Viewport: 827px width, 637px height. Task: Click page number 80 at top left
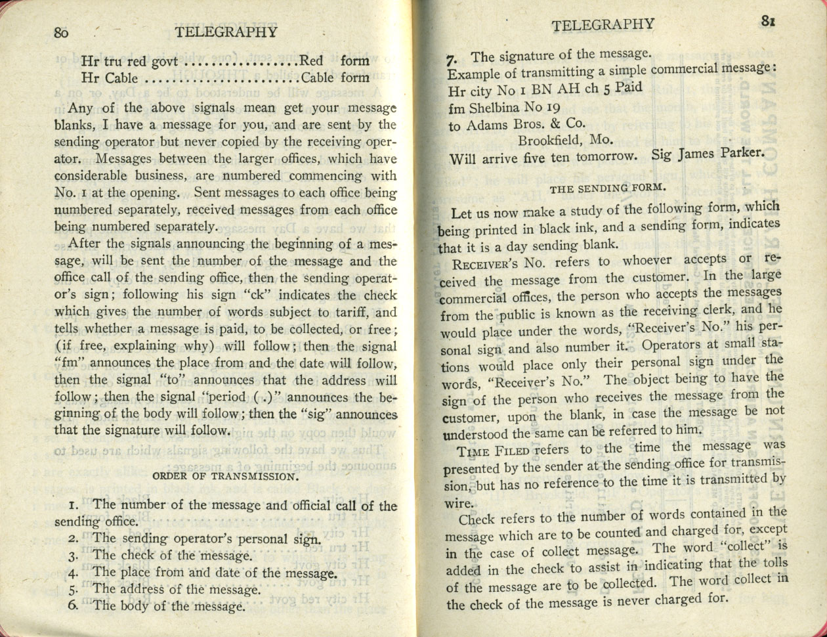(x=61, y=33)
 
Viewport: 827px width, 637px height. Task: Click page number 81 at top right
(x=769, y=20)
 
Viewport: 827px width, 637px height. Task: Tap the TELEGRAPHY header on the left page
(x=226, y=32)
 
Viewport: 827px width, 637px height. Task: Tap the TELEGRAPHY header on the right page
(x=603, y=25)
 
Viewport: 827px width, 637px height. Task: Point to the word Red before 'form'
(x=312, y=61)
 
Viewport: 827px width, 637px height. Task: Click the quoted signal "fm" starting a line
(x=68, y=363)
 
